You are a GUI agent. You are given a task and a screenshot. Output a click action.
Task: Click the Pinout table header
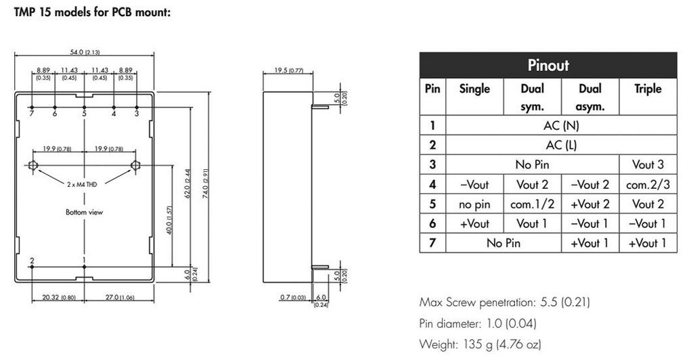(547, 65)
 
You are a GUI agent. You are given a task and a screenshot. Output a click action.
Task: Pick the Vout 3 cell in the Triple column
(648, 164)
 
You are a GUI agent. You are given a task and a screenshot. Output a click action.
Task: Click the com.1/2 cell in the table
(531, 204)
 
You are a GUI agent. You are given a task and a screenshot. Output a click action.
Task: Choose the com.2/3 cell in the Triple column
(648, 184)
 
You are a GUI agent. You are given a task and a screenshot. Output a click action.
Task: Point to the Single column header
(474, 89)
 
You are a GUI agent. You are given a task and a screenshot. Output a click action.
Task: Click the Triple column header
(648, 89)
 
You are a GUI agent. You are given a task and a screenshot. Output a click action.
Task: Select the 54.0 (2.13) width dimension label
(85, 52)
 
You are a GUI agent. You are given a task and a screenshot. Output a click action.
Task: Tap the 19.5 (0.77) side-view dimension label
(288, 70)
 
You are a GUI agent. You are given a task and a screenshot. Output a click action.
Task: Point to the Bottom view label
(84, 212)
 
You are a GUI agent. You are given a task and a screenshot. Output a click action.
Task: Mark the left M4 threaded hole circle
(34, 165)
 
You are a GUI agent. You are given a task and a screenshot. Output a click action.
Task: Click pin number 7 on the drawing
(31, 114)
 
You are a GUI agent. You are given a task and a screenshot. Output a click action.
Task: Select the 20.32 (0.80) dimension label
(57, 296)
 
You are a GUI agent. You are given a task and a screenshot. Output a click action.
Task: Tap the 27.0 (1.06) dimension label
(120, 296)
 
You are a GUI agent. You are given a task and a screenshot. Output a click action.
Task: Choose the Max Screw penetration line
(499, 302)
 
